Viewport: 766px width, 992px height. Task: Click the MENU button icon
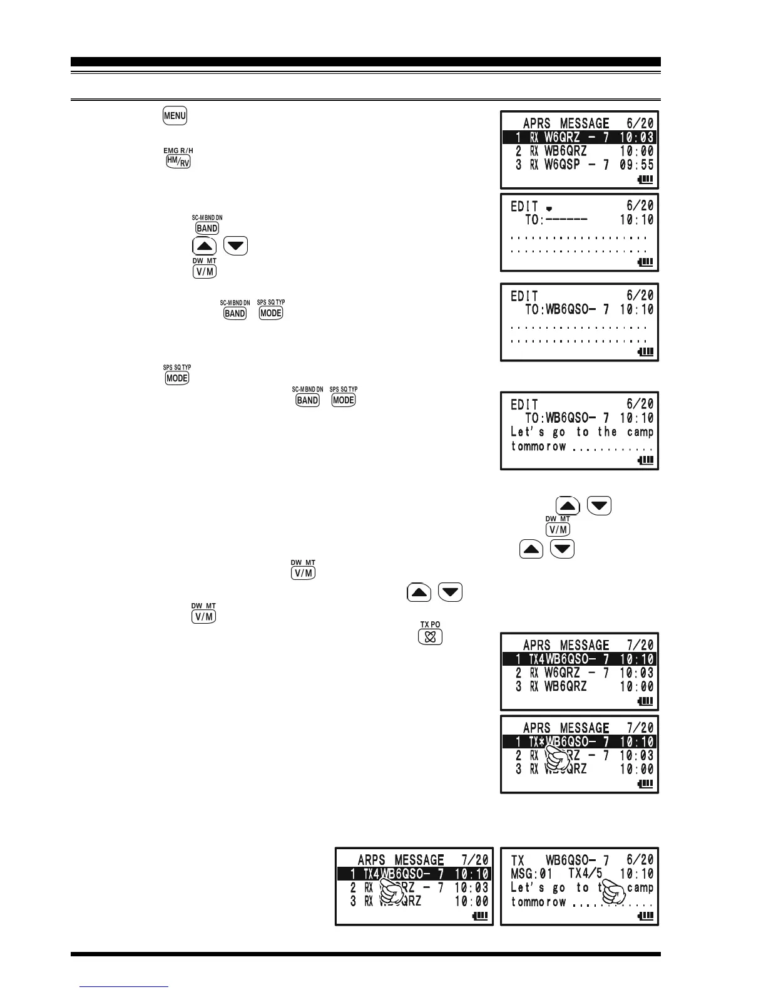(x=175, y=116)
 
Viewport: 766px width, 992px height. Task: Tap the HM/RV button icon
(x=178, y=162)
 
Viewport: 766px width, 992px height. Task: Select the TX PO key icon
(x=431, y=637)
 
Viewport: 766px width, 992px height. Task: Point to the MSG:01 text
(x=531, y=874)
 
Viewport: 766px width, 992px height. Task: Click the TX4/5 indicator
(x=585, y=874)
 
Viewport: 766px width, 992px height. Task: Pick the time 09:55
(x=636, y=165)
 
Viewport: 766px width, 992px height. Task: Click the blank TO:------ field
(x=556, y=220)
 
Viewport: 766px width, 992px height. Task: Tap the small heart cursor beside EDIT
(x=549, y=209)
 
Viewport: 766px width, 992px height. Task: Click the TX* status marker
(x=537, y=742)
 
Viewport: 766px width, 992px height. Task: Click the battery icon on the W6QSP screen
(x=645, y=180)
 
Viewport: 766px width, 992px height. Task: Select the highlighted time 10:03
(x=636, y=138)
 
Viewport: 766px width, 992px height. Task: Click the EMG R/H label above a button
(x=178, y=151)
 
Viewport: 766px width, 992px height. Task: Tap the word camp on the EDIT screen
(x=640, y=432)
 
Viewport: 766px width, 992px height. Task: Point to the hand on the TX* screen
(x=556, y=756)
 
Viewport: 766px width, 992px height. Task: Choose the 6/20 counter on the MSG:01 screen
(x=640, y=860)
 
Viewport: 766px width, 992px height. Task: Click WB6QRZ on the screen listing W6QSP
(x=566, y=151)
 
